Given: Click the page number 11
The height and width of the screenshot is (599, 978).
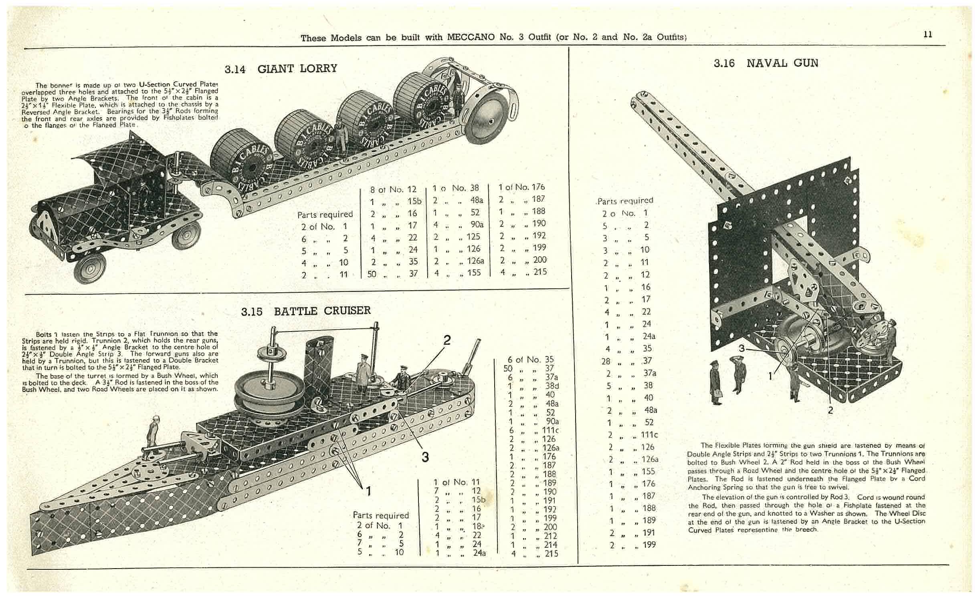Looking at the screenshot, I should click(927, 34).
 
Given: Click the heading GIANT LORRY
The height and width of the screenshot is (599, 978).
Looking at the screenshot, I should click(297, 68).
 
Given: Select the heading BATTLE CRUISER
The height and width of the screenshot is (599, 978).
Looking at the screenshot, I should click(322, 311).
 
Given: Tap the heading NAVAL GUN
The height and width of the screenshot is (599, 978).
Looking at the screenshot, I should click(782, 63).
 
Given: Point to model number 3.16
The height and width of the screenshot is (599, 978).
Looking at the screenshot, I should click(724, 63).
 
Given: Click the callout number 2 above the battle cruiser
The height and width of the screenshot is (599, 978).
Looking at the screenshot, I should click(447, 340).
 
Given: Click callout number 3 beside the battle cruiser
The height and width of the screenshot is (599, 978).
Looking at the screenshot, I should click(425, 456).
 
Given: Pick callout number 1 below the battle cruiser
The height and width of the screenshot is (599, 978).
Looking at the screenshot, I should click(368, 490).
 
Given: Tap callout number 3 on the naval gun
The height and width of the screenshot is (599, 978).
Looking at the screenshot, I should click(741, 348).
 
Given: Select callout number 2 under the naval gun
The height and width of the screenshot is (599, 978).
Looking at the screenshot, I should click(830, 410).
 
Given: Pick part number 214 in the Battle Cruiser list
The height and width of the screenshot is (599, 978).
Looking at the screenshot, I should click(551, 544).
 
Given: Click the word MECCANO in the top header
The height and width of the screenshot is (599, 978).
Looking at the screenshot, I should click(471, 37).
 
